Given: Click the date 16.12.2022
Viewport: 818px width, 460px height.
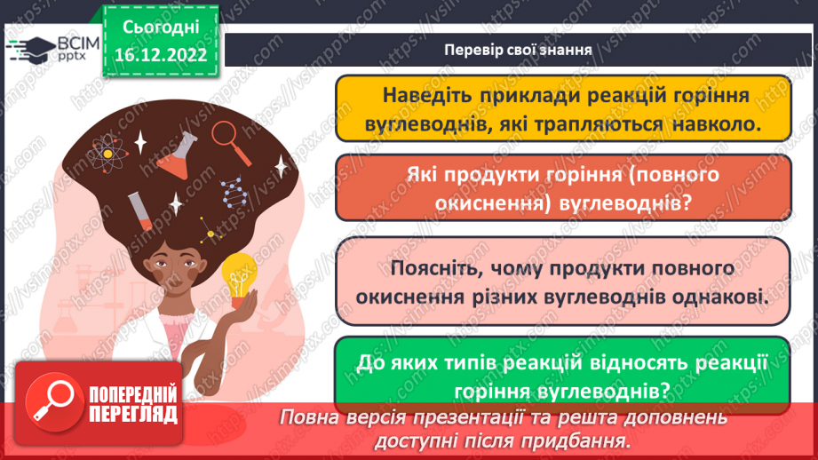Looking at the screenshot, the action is point(160,55).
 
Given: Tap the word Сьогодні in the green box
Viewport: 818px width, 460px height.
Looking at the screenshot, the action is point(161,28).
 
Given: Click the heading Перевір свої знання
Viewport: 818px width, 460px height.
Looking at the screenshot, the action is point(518,50).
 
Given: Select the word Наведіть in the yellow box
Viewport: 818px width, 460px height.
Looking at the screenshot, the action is point(427,95).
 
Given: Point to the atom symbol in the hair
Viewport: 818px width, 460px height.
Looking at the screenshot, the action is point(107,154).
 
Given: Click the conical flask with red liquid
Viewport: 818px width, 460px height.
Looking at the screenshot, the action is point(178,156).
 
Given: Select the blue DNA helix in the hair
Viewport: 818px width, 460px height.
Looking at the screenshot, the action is point(234,192).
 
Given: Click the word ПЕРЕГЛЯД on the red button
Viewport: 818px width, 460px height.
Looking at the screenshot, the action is point(133,415).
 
